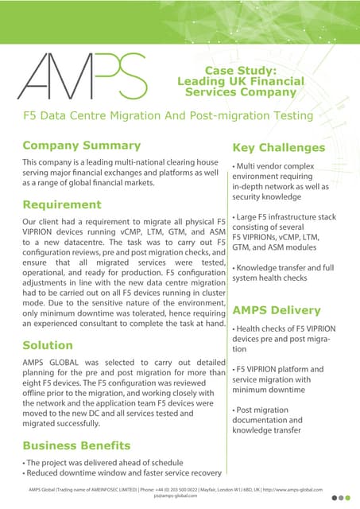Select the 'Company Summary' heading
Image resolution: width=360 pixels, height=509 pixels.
pyautogui.click(x=81, y=146)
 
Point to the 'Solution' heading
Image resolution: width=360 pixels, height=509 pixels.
pyautogui.click(x=48, y=346)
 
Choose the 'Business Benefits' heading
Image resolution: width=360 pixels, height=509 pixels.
pyautogui.click(x=76, y=445)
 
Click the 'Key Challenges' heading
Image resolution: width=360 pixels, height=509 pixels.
pyautogui.click(x=278, y=147)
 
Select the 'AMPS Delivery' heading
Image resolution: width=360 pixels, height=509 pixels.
pyautogui.click(x=277, y=310)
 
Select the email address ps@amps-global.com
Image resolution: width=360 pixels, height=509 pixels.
pyautogui.click(x=180, y=495)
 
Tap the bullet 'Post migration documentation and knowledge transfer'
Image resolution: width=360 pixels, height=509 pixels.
pyautogui.click(x=268, y=419)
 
